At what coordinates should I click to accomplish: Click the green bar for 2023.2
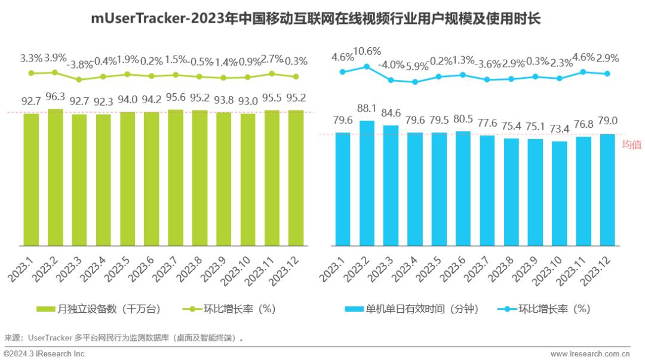55,177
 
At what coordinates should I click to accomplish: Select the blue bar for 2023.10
559,193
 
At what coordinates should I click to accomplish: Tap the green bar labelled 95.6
176,178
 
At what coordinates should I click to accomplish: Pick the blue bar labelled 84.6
391,185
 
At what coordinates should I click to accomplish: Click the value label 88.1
367,109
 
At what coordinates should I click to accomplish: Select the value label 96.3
56,97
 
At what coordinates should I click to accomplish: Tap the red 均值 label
631,144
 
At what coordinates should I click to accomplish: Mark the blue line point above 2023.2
367,66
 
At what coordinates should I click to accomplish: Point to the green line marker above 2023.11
272,73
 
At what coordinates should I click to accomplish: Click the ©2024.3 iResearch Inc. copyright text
45,354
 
